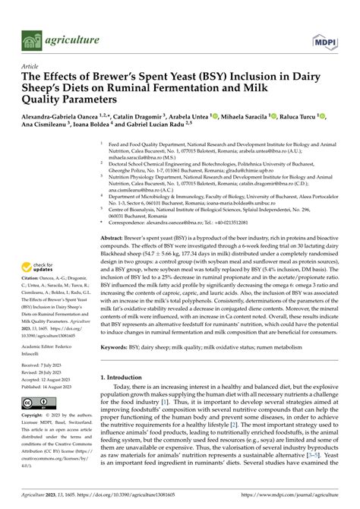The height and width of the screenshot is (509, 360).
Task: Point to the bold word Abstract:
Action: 115,217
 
